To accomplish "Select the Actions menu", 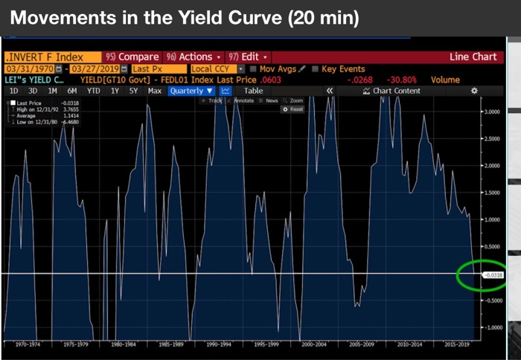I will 193,57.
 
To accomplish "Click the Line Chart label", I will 473,57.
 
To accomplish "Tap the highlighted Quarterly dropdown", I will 191,91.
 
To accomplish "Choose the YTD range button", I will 93,91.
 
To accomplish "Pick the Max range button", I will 155,91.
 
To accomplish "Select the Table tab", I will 254,91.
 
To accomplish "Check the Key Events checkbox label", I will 343,68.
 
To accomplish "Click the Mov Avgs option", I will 276,68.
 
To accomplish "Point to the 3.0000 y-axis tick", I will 493,112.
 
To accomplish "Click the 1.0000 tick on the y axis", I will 493,219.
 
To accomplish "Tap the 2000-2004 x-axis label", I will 316,344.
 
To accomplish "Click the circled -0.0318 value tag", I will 493,275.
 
